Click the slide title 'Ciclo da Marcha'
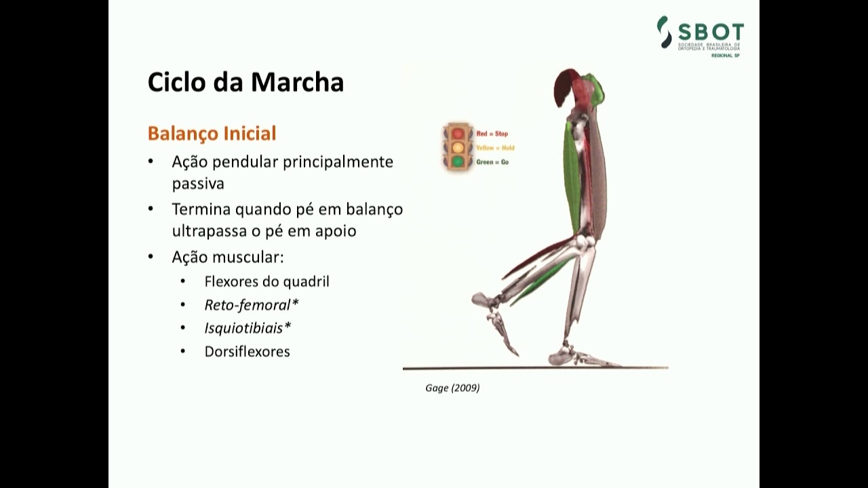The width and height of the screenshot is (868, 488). pyautogui.click(x=245, y=82)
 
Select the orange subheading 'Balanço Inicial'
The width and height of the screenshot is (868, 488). pyautogui.click(x=212, y=133)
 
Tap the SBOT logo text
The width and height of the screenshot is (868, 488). pyautogui.click(x=710, y=33)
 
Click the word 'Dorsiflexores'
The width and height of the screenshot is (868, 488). pyautogui.click(x=247, y=351)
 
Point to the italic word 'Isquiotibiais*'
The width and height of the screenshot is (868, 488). pyautogui.click(x=248, y=328)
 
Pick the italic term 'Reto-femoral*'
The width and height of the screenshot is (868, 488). pyautogui.click(x=252, y=304)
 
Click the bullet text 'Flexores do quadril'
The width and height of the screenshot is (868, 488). pyautogui.click(x=267, y=281)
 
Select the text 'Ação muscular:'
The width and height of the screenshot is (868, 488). pyautogui.click(x=227, y=258)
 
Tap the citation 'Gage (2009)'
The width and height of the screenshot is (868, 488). pyautogui.click(x=452, y=388)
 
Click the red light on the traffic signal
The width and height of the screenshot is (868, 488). pyautogui.click(x=458, y=134)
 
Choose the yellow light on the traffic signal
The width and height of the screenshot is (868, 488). pyautogui.click(x=458, y=147)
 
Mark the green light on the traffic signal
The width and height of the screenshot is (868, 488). pyautogui.click(x=458, y=161)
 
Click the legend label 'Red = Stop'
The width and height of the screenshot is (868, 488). pyautogui.click(x=492, y=134)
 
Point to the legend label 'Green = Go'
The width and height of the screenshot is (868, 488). pyautogui.click(x=492, y=162)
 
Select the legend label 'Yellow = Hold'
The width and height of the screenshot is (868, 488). pyautogui.click(x=495, y=148)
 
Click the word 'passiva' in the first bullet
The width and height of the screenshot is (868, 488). pyautogui.click(x=197, y=184)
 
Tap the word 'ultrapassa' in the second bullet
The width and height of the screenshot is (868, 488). pyautogui.click(x=206, y=230)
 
